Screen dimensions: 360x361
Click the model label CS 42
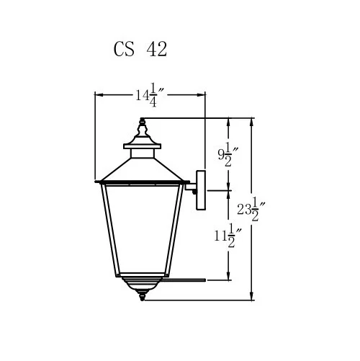click(x=140, y=49)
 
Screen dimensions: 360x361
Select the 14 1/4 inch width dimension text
click(x=150, y=95)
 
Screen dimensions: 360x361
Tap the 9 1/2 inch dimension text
click(x=228, y=156)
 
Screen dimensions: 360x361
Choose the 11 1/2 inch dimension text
click(x=228, y=236)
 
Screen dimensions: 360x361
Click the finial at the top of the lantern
click(x=143, y=128)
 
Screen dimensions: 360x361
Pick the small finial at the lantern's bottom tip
click(x=143, y=295)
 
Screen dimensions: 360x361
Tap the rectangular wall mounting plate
click(x=201, y=190)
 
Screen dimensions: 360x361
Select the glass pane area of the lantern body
click(x=143, y=229)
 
